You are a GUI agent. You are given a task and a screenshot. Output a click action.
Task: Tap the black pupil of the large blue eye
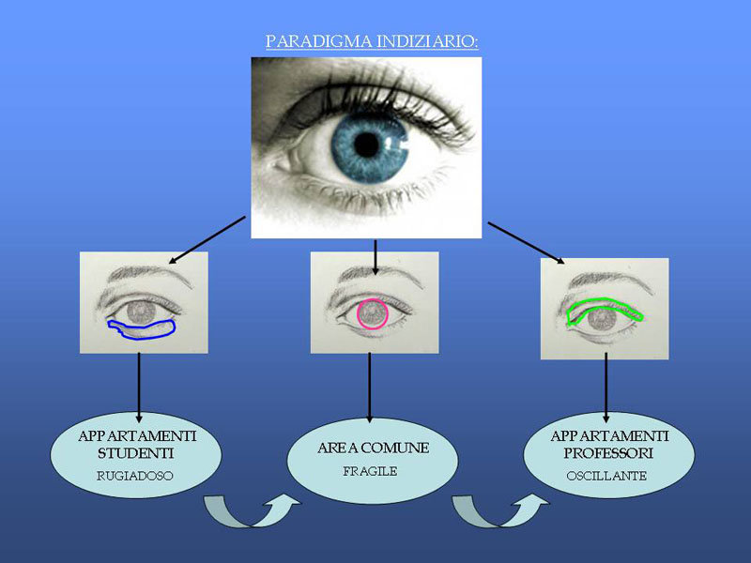(367, 145)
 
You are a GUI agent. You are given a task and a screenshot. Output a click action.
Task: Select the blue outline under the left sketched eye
(141, 327)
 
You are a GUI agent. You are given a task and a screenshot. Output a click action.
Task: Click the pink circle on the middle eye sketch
(373, 313)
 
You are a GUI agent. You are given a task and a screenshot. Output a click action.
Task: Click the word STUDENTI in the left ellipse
(139, 454)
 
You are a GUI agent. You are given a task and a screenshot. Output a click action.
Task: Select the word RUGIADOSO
(135, 476)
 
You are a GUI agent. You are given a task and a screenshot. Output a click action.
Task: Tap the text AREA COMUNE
(373, 449)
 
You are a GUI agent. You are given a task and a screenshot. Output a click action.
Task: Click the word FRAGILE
(371, 471)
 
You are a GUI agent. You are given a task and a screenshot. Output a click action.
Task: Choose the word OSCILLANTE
(606, 476)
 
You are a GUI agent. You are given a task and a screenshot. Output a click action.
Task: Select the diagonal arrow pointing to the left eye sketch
(207, 238)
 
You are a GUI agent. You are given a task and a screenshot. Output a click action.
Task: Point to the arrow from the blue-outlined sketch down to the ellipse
(139, 387)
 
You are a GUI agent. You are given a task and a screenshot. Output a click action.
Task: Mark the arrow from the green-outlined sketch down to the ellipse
(605, 389)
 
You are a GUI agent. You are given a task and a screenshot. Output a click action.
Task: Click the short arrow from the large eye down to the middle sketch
(375, 256)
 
